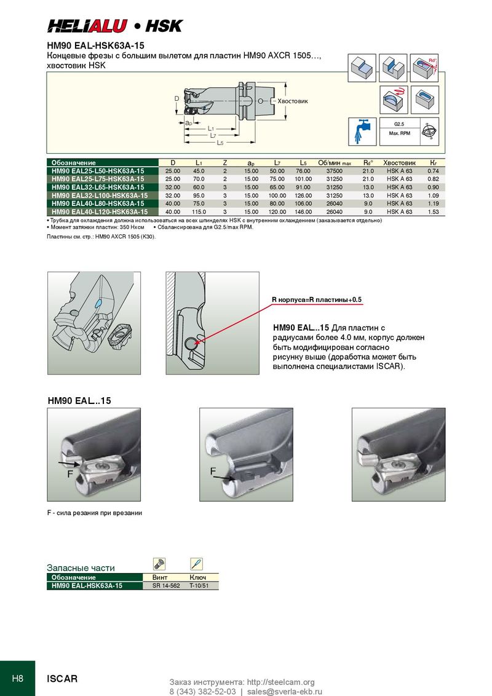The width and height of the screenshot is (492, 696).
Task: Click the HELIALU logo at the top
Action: [x=87, y=26]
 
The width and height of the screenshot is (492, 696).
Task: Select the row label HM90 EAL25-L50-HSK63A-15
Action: [x=97, y=170]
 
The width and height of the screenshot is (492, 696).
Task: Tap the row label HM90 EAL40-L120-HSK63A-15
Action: [x=97, y=212]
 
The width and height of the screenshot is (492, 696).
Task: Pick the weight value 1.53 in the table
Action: [x=432, y=212]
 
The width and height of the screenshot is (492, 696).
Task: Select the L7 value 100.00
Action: [x=277, y=195]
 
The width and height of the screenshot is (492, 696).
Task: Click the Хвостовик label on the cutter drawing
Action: [x=292, y=101]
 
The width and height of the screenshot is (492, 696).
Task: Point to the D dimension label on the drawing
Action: [x=177, y=98]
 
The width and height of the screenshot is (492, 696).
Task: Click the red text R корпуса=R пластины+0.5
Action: [x=317, y=299]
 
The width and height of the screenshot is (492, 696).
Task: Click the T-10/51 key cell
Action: [x=199, y=586]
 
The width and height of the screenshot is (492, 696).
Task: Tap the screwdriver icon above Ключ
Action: [x=196, y=564]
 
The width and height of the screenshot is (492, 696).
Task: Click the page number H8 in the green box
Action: [x=17, y=679]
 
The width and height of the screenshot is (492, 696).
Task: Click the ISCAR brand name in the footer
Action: [x=62, y=679]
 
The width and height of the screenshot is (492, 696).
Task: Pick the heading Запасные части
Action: [x=81, y=567]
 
